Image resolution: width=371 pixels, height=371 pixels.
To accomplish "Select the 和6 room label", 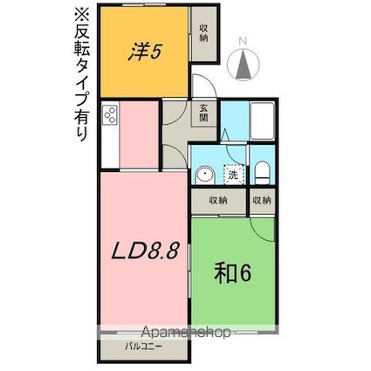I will (x=233, y=273).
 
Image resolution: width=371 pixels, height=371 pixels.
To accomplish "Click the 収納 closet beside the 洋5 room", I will (x=204, y=34).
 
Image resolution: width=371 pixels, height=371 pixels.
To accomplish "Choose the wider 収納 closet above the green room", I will (x=218, y=200).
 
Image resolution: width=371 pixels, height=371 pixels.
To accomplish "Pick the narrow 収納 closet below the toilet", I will (x=262, y=200).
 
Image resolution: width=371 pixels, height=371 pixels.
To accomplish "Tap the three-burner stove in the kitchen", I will (x=111, y=115).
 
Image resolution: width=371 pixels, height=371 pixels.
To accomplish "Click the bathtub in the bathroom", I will (x=263, y=121).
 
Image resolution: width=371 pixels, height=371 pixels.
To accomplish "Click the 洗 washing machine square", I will (x=233, y=175).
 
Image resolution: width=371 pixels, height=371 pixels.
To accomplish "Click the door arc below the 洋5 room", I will (x=203, y=89).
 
